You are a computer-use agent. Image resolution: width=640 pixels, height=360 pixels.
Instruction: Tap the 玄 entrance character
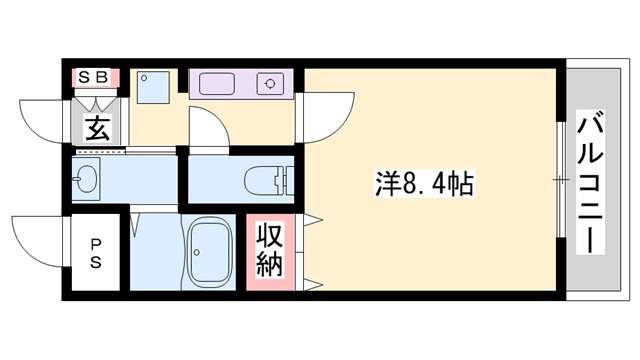96,127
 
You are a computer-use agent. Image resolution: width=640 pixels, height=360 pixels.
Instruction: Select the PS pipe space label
96,251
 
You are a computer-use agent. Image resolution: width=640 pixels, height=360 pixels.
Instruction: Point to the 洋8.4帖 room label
424,185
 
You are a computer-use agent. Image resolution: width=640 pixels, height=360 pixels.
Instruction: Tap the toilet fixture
262,180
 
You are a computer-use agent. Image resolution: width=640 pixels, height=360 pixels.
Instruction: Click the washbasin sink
84,181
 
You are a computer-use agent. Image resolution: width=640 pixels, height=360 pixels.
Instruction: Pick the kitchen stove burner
270,83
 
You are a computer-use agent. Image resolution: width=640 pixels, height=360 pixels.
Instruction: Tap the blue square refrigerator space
154,84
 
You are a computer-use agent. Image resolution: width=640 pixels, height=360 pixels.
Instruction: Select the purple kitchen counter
241,82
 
